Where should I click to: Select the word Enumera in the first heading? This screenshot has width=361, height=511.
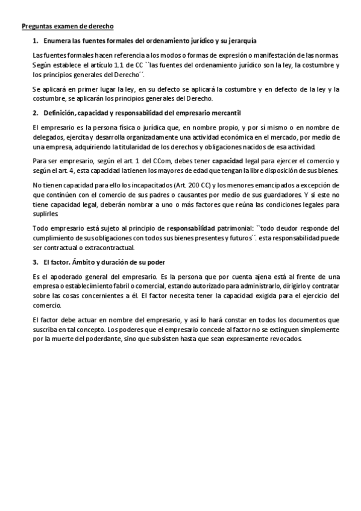[58, 40]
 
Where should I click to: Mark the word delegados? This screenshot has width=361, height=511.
[48, 137]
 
